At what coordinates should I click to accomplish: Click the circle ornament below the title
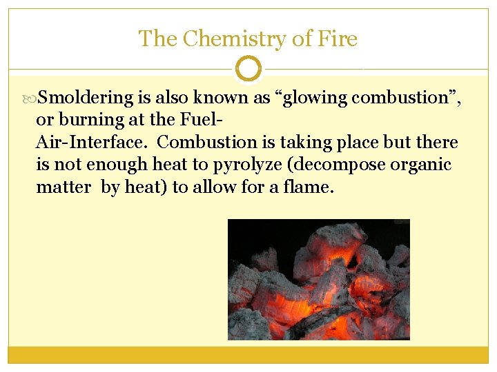[x=248, y=69]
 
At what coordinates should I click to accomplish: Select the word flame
[x=308, y=187]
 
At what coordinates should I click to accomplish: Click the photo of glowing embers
[x=318, y=279]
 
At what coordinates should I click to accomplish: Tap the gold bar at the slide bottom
[x=248, y=354]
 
